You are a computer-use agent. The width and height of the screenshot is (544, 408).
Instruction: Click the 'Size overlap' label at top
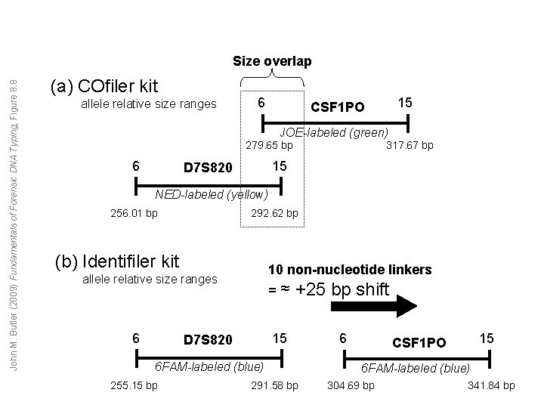[x=271, y=61]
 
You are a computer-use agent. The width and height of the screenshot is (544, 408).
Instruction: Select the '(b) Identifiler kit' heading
[x=117, y=261]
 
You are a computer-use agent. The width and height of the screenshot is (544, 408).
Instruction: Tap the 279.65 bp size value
[x=270, y=144]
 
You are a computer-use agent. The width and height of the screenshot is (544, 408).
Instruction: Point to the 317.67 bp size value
[x=410, y=144]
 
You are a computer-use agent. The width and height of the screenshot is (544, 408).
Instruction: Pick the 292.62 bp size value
[x=274, y=213]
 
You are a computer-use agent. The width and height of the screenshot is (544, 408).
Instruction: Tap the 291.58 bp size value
[x=274, y=386]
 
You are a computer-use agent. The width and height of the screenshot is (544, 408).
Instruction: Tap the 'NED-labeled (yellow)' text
[x=211, y=195]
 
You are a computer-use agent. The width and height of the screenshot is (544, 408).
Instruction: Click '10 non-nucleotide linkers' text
[x=350, y=270]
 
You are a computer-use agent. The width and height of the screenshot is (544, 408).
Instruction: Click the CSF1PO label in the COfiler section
[x=337, y=107]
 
